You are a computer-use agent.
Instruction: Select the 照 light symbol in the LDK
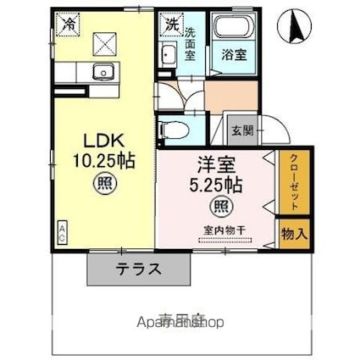[103, 181]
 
